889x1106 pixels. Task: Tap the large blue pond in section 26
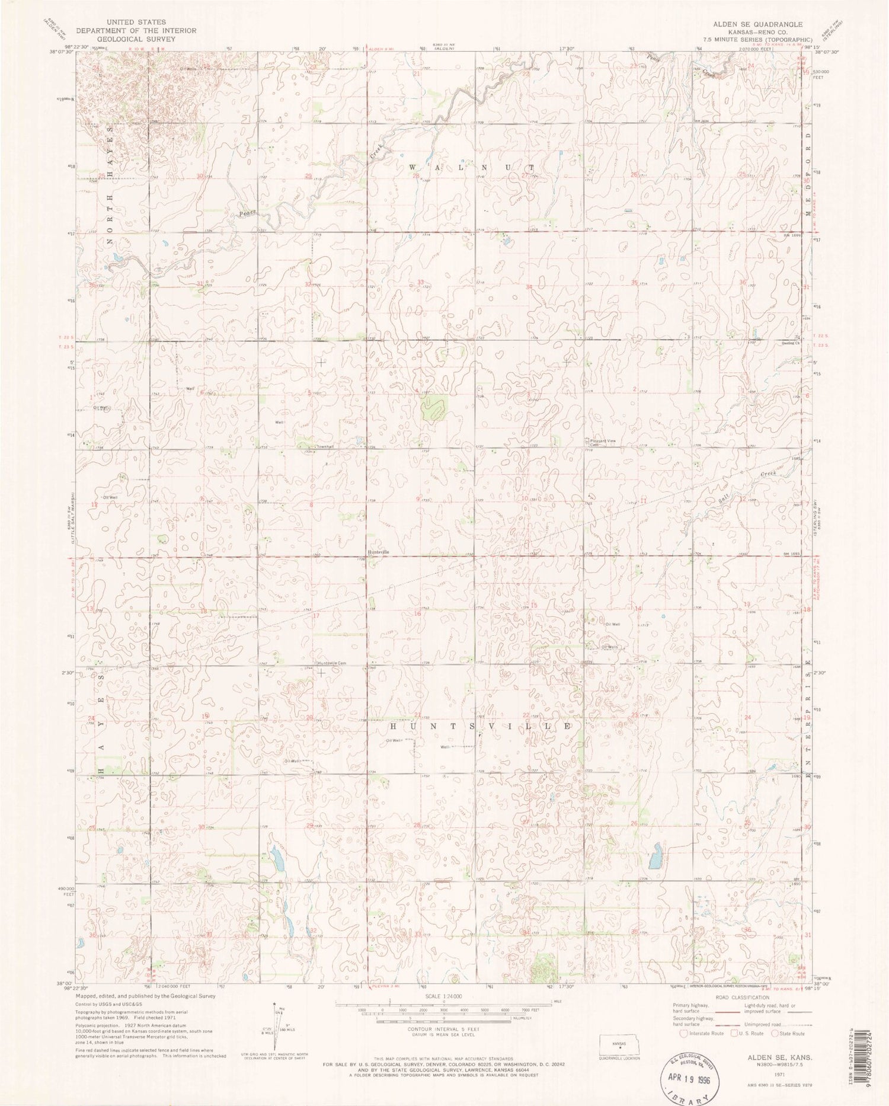tap(655, 858)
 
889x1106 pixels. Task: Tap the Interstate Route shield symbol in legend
tap(683, 1033)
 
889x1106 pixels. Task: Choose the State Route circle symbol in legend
tap(775, 1033)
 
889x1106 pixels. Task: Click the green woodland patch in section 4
tap(433, 408)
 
